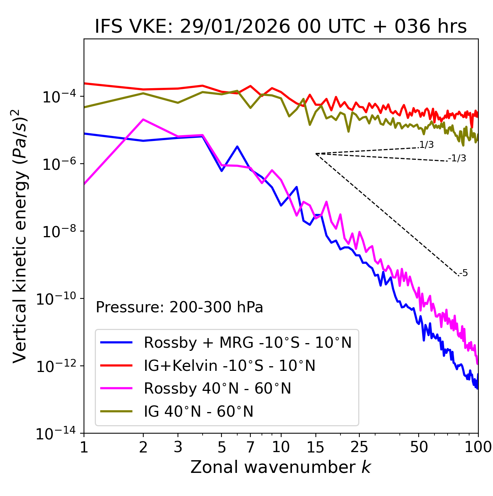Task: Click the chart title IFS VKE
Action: pyautogui.click(x=280, y=27)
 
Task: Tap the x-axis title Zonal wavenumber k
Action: pyautogui.click(x=280, y=467)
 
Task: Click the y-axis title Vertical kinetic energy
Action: pyautogui.click(x=20, y=235)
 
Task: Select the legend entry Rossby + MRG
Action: pyautogui.click(x=247, y=342)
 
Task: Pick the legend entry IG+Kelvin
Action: pyautogui.click(x=229, y=365)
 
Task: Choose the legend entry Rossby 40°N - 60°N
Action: pyautogui.click(x=217, y=389)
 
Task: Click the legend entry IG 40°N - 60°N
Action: pyautogui.click(x=198, y=412)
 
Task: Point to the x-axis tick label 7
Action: pyautogui.click(x=250, y=447)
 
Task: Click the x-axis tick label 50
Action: pyautogui.click(x=419, y=447)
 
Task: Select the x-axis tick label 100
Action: pyautogui.click(x=478, y=447)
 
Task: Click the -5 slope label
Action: pyautogui.click(x=464, y=273)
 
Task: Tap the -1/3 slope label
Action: pyautogui.click(x=458, y=158)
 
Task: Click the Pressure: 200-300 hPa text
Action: pyautogui.click(x=179, y=307)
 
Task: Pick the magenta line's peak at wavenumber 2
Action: pyautogui.click(x=143, y=119)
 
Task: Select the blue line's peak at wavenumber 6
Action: pyautogui.click(x=237, y=146)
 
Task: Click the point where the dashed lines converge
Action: pyautogui.click(x=316, y=154)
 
